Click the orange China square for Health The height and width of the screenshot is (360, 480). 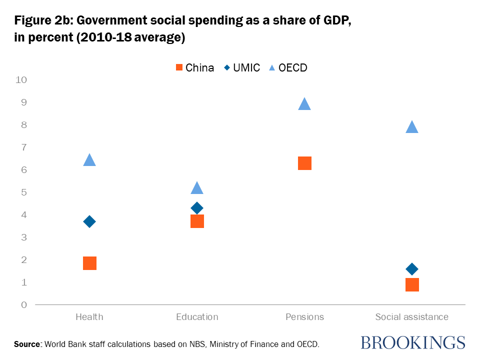tap(89, 263)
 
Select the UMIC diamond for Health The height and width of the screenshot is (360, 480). tap(89, 221)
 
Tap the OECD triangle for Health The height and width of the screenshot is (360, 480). tap(89, 160)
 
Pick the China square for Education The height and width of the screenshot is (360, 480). tap(197, 221)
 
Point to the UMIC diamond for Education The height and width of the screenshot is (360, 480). tap(197, 208)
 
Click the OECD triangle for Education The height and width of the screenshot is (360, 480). tap(197, 188)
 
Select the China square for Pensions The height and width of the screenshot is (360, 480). tap(304, 163)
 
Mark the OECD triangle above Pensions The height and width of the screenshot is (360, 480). tap(304, 104)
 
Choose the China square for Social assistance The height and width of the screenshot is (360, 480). tap(412, 284)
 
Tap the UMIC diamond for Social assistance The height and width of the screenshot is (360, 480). tap(412, 269)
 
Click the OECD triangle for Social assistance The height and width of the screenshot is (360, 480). tap(412, 127)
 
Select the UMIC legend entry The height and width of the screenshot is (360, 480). tap(242, 67)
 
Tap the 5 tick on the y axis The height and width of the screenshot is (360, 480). tap(23, 192)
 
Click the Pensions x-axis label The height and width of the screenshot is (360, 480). tap(304, 317)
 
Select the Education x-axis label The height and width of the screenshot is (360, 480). tap(197, 317)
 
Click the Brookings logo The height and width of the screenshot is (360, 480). tap(412, 342)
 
